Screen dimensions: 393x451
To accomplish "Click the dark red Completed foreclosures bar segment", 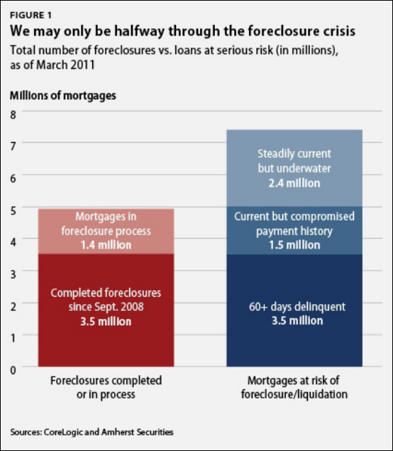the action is coord(106,310).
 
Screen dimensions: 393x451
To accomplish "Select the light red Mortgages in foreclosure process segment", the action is coord(106,232).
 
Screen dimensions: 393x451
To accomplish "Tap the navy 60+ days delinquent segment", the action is coord(294,310).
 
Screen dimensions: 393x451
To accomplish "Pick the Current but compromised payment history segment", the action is coord(294,230).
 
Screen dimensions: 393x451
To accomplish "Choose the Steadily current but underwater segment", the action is coord(294,168).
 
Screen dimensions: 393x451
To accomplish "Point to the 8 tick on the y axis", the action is coord(13,115).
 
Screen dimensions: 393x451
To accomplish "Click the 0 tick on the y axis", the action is coord(13,370).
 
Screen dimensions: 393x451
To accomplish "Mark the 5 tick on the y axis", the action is coord(13,210).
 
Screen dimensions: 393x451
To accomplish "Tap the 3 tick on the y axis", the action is coord(13,274).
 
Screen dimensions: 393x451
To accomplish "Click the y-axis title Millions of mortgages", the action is coord(63,96).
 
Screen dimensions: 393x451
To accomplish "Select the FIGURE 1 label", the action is coord(31,15).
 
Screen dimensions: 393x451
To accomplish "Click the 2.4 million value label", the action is coord(294,183).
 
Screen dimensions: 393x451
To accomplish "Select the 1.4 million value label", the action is coord(106,245).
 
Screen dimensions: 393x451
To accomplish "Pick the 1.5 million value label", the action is coord(294,245).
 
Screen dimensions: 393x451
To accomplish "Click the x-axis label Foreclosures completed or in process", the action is coord(106,388).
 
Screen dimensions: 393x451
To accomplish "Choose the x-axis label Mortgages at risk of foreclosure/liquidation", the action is coord(294,388).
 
